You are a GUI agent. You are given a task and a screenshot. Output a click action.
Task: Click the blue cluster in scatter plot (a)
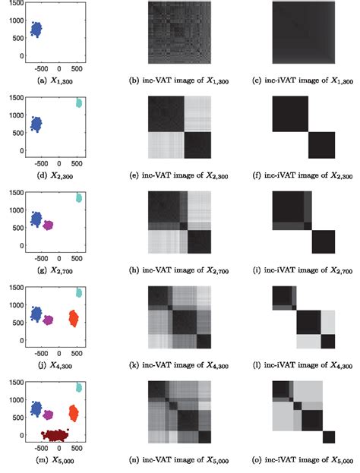tap(36, 30)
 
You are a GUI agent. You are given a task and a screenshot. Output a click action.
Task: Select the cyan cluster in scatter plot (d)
tap(78, 102)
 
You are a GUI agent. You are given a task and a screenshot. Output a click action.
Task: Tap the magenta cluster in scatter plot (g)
tap(48, 225)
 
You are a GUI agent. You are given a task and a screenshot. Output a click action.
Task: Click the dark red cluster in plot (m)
tap(55, 436)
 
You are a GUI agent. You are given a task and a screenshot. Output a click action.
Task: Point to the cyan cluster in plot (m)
tap(79, 387)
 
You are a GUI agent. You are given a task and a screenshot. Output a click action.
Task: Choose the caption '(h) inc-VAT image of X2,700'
tap(179, 270)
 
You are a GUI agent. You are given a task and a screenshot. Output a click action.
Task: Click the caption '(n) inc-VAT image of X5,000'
tap(179, 460)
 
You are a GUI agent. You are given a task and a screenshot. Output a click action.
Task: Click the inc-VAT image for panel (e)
tap(178, 127)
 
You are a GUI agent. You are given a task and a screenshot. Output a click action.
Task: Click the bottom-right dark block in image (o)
tap(328, 437)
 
